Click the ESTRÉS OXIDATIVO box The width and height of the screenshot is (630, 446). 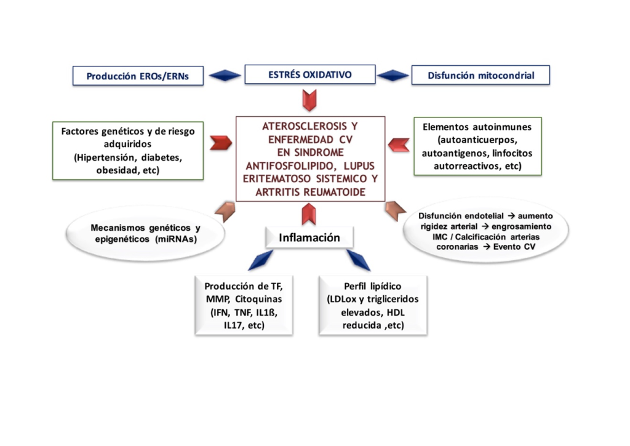(310, 75)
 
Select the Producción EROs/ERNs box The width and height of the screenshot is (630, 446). (137, 76)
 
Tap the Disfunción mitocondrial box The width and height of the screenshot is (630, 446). (480, 76)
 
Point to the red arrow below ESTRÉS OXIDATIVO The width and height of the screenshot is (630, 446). (309, 99)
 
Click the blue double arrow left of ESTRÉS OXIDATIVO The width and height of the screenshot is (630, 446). (225, 76)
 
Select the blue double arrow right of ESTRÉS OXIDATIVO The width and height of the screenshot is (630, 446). (393, 76)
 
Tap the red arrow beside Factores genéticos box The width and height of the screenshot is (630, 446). (221, 143)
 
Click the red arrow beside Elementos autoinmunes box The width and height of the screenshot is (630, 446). (399, 145)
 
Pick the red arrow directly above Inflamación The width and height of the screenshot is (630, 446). (309, 213)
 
